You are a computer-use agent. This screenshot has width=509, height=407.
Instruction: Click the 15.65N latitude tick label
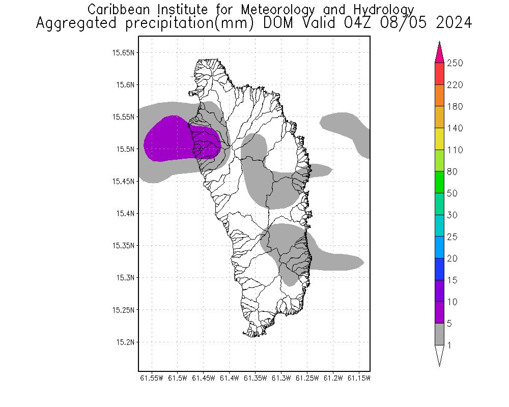[124, 52]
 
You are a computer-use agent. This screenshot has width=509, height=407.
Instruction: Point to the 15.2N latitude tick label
[126, 342]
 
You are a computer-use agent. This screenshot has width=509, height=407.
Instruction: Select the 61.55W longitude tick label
[152, 378]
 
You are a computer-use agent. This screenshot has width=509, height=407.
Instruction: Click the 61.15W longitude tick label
[358, 378]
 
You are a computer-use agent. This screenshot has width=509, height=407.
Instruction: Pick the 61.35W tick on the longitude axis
[255, 378]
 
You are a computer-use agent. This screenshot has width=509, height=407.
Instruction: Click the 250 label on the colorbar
[455, 64]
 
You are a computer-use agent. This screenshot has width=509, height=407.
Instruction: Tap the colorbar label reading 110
[455, 150]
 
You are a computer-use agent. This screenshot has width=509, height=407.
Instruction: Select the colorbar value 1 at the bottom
[448, 345]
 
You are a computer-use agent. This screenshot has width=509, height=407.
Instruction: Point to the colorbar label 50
[452, 194]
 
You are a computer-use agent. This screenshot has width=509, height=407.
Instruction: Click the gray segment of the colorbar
[439, 334]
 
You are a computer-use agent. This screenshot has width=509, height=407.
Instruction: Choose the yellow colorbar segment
[439, 139]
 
